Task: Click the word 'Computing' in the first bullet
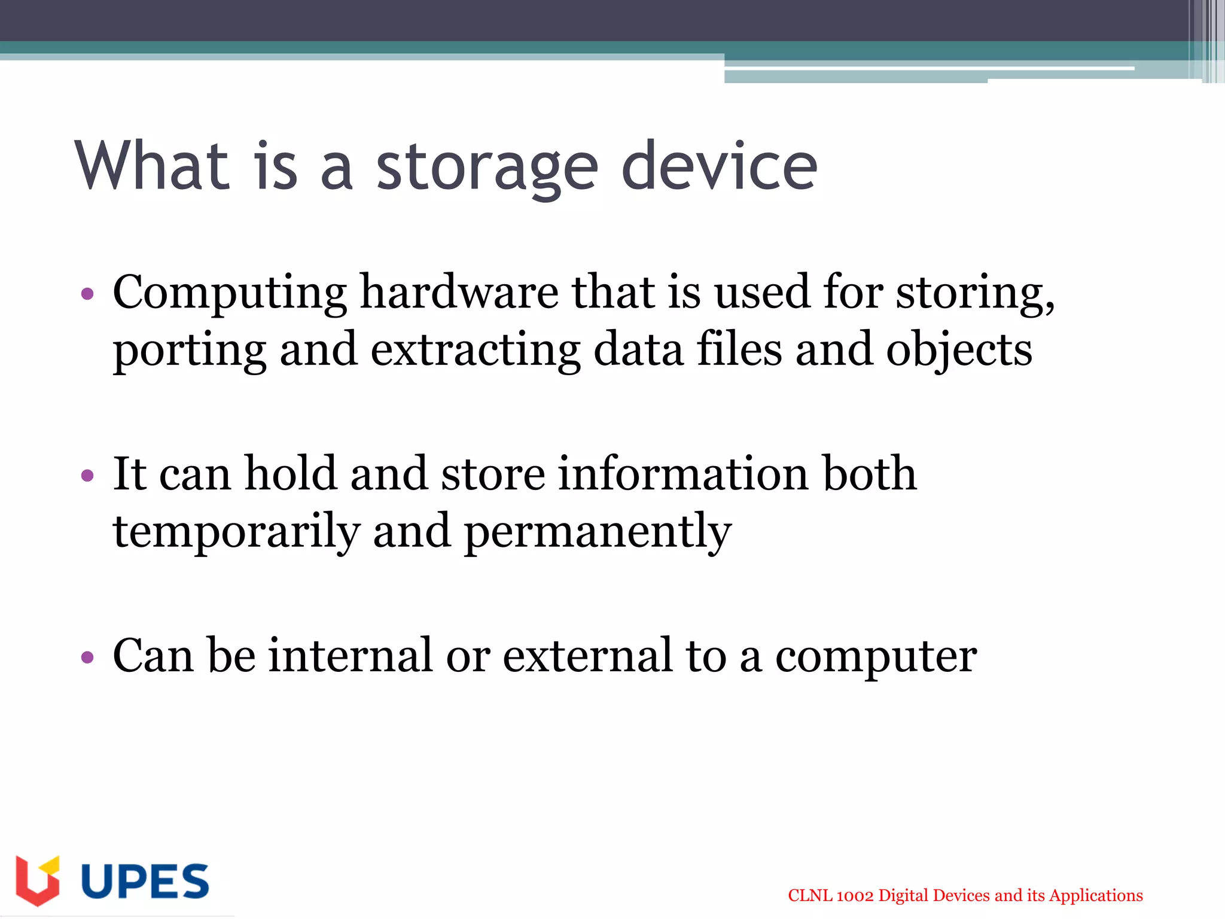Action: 230,293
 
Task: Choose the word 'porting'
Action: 189,351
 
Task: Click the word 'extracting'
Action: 475,351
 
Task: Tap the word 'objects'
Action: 959,351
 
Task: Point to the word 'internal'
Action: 350,656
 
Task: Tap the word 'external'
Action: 587,656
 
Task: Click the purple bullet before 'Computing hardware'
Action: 87,294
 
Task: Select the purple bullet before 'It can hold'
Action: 87,476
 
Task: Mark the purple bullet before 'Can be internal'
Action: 87,658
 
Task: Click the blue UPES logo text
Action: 145,881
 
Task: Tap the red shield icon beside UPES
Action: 37,881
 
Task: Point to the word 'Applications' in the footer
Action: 1096,896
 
